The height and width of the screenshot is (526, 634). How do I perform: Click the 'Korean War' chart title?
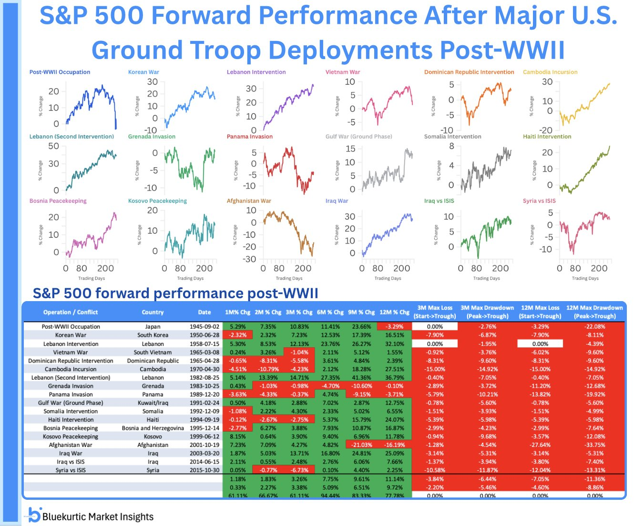coord(143,72)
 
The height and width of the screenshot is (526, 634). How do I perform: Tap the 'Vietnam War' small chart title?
coord(343,72)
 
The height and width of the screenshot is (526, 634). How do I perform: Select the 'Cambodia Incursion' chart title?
coord(550,72)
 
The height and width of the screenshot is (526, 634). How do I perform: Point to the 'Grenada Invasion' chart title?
coord(152,137)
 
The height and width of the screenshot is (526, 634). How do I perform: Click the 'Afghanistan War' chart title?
coord(249,201)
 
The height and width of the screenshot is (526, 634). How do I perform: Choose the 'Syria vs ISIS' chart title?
coord(539,201)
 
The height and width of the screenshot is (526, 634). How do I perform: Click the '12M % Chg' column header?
coord(394,313)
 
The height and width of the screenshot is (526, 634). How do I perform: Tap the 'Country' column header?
coord(153,313)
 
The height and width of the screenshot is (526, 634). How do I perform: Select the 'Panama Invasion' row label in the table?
coord(71,394)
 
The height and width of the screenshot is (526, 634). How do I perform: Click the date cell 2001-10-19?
coord(205,445)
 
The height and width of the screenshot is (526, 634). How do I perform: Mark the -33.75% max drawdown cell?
coord(594,445)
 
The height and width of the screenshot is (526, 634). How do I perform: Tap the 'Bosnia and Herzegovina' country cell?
coord(153,428)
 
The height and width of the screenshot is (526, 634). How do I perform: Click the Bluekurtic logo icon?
coord(33,515)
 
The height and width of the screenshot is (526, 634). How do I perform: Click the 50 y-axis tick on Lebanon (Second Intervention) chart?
coord(54,146)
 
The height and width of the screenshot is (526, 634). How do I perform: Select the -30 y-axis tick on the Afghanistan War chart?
coord(250,259)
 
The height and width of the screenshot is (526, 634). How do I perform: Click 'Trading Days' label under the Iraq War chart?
coord(388,278)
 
